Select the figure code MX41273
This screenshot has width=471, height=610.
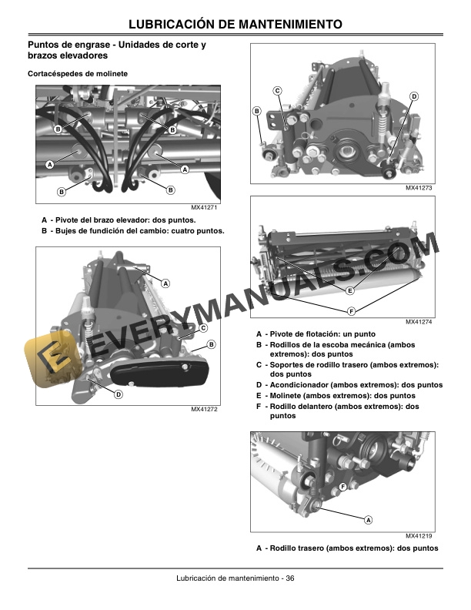(420, 189)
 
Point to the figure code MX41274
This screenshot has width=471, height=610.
(420, 322)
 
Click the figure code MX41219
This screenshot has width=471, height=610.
(420, 536)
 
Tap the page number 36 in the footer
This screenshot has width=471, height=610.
(289, 578)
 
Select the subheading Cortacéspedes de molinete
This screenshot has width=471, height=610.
(77, 73)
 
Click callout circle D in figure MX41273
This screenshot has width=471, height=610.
(413, 96)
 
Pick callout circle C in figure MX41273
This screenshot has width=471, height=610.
(277, 92)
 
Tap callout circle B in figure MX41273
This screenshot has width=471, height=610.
(257, 112)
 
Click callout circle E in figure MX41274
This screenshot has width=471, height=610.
(349, 291)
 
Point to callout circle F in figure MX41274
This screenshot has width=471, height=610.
(352, 310)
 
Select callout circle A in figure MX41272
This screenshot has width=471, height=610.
(165, 283)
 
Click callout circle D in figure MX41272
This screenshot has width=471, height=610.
(118, 394)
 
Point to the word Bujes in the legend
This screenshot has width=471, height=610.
(66, 230)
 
